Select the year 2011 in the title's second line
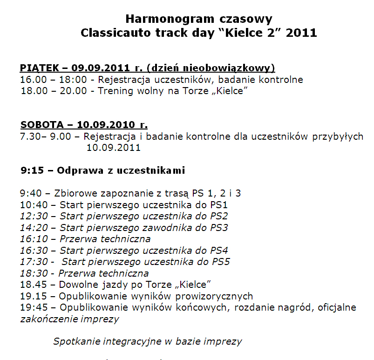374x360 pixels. pos(302,33)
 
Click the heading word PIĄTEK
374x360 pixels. pos(39,68)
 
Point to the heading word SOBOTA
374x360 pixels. pos(41,125)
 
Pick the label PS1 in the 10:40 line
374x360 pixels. pos(219,205)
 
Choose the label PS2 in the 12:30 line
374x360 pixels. pos(219,216)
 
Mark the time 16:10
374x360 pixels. pos(34,239)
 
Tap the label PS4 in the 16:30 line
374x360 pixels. pos(219,251)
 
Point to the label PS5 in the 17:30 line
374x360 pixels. pos(221,262)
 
